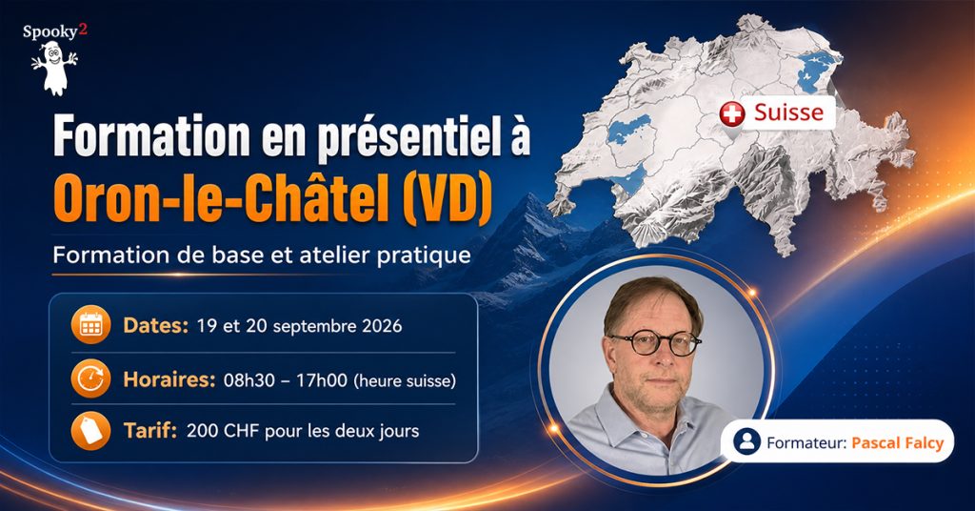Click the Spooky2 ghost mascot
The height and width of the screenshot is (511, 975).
pos(54,69)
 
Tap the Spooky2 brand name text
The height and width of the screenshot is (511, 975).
pos(54,31)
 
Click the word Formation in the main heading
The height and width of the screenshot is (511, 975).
pos(151,135)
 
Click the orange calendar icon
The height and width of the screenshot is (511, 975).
pos(90,325)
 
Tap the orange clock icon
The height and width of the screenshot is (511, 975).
pos(90,378)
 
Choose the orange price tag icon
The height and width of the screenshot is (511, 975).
pos(90,431)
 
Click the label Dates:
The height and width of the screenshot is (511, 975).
pos(155,325)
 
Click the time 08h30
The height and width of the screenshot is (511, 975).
pos(249,380)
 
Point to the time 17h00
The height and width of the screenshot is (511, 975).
pos(321,380)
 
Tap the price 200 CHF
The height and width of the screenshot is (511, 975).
pos(223,431)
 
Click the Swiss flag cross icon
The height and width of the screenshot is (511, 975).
pos(732,113)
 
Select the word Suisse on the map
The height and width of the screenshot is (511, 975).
pos(788,112)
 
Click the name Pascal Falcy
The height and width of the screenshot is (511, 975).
pos(897,442)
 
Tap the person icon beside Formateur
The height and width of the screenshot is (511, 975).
pos(746,441)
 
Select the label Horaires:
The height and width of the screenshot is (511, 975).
pos(169,379)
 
